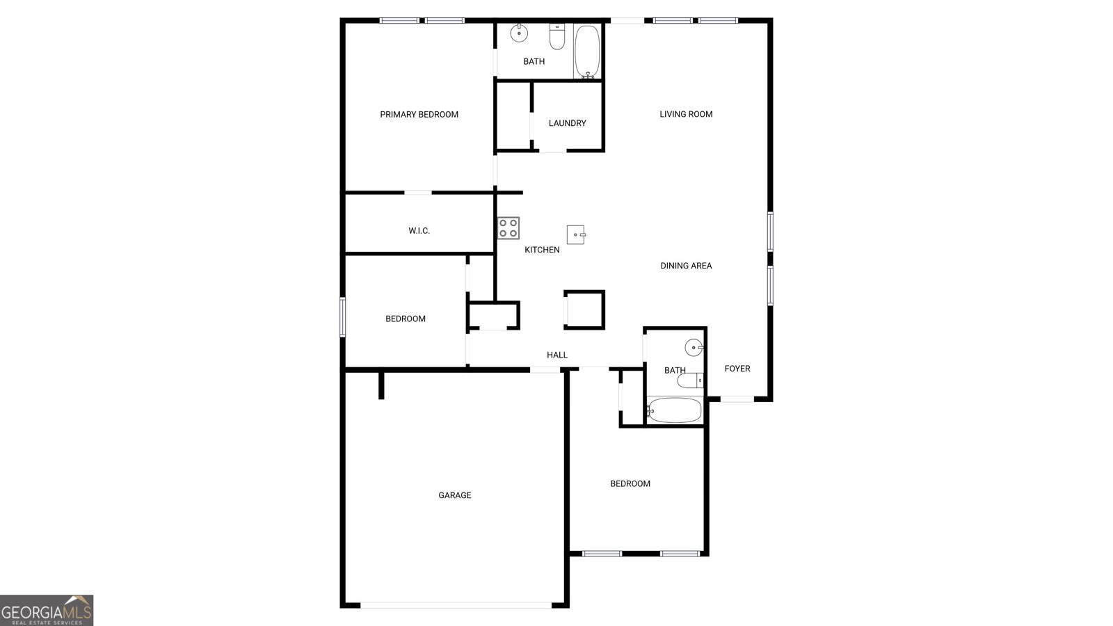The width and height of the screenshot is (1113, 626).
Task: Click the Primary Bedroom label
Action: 419,115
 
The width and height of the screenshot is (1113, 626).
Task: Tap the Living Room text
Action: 686,114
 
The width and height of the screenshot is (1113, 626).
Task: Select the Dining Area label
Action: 686,266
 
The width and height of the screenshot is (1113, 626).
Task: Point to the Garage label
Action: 455,495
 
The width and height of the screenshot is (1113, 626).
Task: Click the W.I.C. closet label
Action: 419,231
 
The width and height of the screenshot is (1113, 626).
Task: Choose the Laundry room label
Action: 567,123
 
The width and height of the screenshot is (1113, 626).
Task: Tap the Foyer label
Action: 737,369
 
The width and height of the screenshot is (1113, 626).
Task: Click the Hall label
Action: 557,355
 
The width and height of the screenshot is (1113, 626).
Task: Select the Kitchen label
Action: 542,250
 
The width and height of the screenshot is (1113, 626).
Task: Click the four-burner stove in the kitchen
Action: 509,228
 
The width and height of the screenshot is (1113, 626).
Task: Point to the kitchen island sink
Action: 576,234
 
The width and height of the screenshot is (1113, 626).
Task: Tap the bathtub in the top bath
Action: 587,51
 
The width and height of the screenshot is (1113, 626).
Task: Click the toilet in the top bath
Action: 556,38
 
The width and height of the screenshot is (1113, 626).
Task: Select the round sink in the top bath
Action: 519,33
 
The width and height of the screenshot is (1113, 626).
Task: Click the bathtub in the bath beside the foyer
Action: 674,410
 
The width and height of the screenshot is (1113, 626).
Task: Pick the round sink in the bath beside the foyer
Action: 694,347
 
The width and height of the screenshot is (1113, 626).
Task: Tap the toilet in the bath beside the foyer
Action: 690,380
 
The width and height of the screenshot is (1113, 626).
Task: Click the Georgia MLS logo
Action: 47,611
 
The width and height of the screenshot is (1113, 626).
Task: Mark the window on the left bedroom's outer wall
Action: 342,317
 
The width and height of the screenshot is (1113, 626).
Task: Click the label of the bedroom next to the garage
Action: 630,484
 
